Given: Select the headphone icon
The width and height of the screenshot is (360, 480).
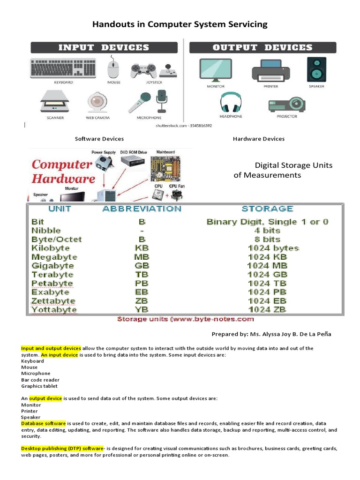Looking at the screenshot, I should (x=231, y=102).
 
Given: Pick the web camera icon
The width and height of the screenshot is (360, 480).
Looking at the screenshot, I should (x=97, y=102).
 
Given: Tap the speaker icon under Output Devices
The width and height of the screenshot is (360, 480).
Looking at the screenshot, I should (x=315, y=69).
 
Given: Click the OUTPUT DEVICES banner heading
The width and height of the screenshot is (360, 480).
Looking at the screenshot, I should (x=262, y=47).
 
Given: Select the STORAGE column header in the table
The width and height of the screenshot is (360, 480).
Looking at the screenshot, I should (x=267, y=209).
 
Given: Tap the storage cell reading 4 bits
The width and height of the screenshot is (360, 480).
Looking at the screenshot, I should (x=267, y=231).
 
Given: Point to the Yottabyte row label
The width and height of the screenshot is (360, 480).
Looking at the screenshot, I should (x=53, y=310).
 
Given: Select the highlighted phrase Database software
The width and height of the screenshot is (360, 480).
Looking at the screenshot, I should (x=44, y=423).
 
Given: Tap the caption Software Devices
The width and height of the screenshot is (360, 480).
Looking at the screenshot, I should (x=99, y=139).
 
